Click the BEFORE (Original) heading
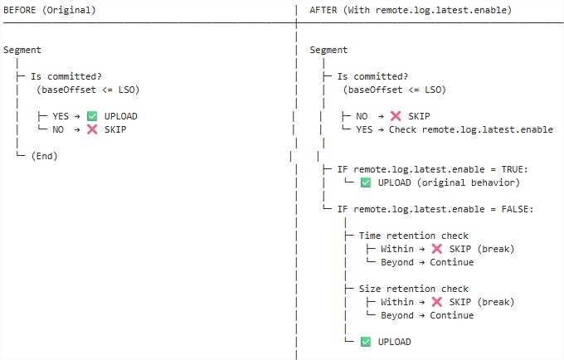click(x=50, y=10)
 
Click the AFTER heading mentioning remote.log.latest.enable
click(x=411, y=10)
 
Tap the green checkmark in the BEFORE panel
click(x=92, y=116)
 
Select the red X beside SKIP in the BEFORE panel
click(x=92, y=129)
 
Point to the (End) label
click(x=44, y=156)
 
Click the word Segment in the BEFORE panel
click(x=22, y=50)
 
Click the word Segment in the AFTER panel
click(x=328, y=50)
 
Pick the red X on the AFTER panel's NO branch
click(x=396, y=116)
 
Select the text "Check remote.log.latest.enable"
click(x=471, y=129)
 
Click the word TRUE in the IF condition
click(x=513, y=169)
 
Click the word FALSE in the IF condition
click(x=515, y=209)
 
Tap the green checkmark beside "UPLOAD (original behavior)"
click(x=366, y=182)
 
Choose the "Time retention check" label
click(x=414, y=236)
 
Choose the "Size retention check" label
click(x=414, y=289)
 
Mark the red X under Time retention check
click(x=436, y=249)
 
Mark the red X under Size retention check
click(x=436, y=302)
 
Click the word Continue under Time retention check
click(x=452, y=262)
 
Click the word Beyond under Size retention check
click(x=397, y=315)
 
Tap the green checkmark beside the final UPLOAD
click(x=366, y=342)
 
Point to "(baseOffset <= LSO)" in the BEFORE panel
click(x=88, y=90)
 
